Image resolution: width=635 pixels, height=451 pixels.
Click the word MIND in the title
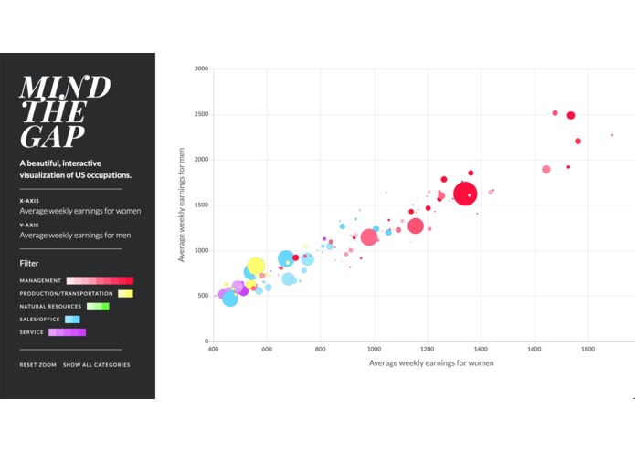(x=65, y=87)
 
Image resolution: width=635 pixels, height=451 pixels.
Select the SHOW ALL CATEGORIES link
(x=96, y=365)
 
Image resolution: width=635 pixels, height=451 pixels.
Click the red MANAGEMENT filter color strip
(x=100, y=280)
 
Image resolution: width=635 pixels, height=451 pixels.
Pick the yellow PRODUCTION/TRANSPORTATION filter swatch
(x=124, y=293)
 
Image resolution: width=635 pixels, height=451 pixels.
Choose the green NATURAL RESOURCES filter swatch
(x=98, y=307)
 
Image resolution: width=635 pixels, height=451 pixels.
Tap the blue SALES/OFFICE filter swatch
(x=72, y=320)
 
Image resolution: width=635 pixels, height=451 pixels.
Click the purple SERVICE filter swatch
(x=67, y=332)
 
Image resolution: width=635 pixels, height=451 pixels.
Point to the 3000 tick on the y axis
(x=201, y=68)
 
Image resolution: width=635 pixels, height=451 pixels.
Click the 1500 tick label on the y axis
(x=201, y=205)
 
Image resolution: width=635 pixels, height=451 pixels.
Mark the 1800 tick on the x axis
(x=587, y=349)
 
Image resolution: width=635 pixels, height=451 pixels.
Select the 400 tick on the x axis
(x=214, y=349)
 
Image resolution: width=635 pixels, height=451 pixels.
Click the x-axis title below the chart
(x=431, y=363)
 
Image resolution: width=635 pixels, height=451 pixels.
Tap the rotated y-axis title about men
(x=182, y=205)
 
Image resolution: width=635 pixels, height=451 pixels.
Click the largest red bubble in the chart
(x=465, y=194)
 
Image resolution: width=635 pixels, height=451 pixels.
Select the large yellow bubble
(x=256, y=267)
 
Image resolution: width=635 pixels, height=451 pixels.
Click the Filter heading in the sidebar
(x=29, y=263)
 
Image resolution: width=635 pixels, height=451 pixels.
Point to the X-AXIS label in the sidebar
(x=29, y=200)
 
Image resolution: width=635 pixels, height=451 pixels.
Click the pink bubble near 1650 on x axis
(x=546, y=169)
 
